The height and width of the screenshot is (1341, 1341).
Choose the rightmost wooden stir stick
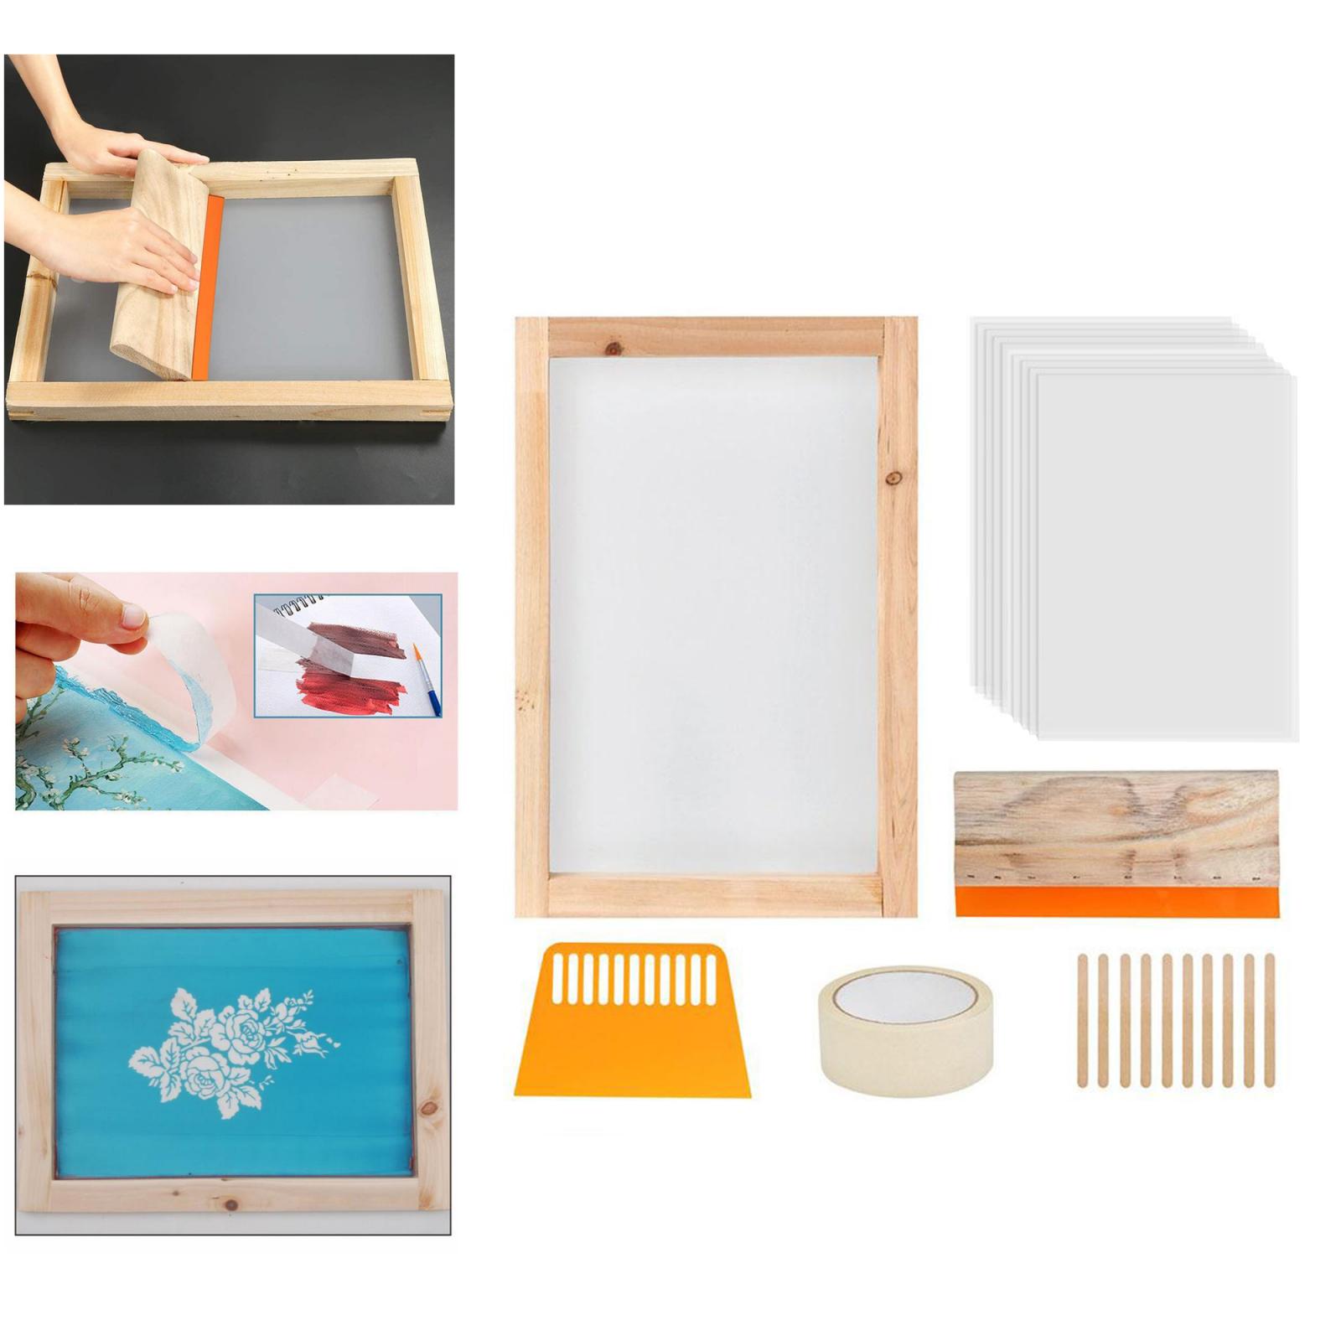1269,1020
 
